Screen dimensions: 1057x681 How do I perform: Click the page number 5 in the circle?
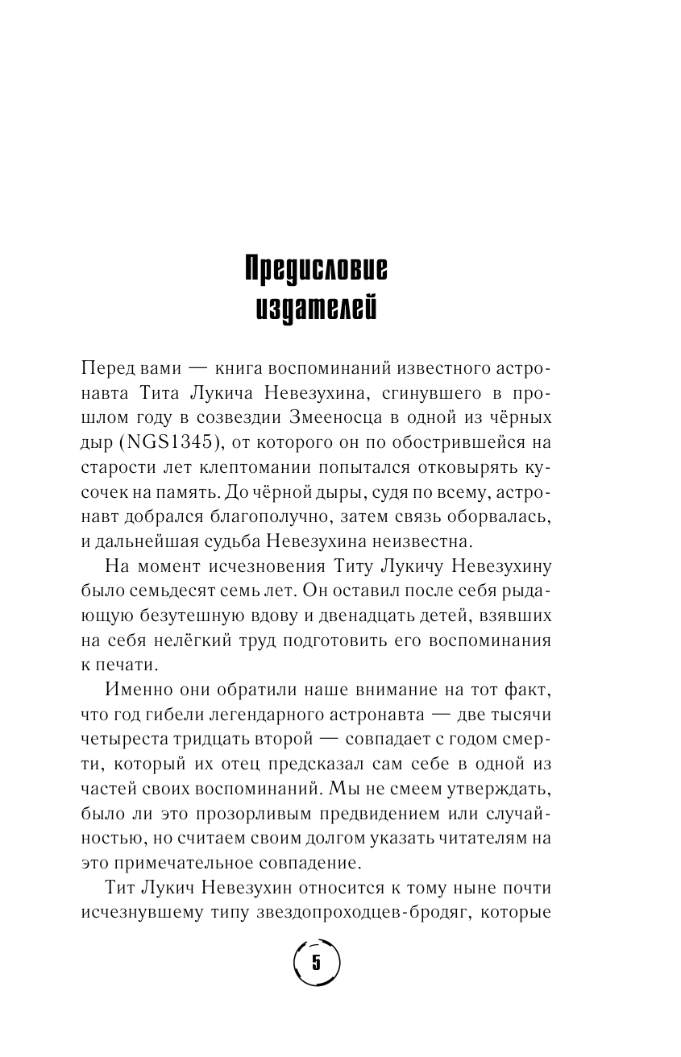tap(316, 963)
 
